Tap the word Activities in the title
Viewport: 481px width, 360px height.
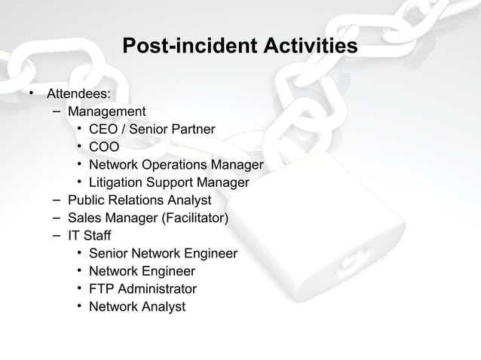307,47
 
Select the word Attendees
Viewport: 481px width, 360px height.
78,94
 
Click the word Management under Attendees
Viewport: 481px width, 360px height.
106,112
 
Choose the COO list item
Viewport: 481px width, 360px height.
103,147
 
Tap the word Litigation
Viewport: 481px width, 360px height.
115,182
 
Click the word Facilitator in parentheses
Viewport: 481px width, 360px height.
195,218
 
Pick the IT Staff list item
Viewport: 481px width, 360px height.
89,236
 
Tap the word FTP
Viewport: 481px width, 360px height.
102,289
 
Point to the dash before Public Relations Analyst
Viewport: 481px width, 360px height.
57,200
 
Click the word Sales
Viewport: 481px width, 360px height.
84,218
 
